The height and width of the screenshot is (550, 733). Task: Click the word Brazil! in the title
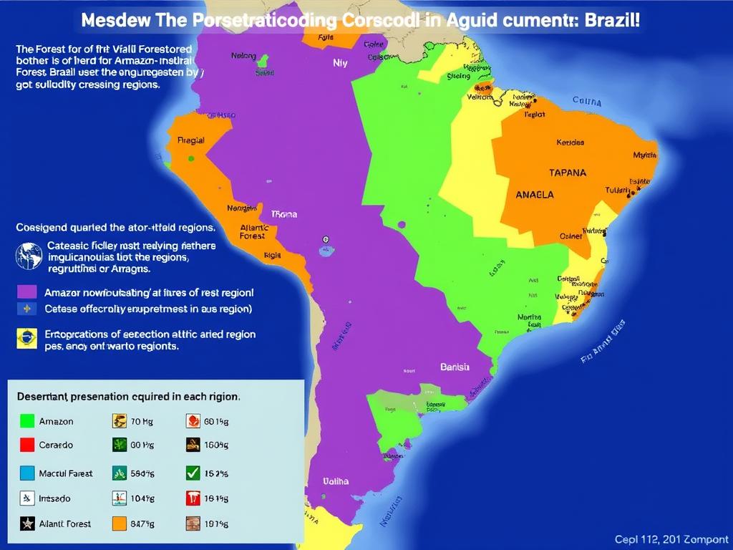[x=609, y=19]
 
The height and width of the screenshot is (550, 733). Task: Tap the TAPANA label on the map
[x=567, y=173]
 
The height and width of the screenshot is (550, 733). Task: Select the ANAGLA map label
[x=534, y=194]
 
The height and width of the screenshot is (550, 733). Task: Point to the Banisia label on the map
[x=455, y=367]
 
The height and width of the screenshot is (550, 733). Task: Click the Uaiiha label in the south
[x=336, y=481]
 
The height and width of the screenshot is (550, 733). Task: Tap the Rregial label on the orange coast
[x=190, y=140]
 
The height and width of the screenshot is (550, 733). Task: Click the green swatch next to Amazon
[x=27, y=421]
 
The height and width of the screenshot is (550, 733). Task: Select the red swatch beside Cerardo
[x=27, y=445]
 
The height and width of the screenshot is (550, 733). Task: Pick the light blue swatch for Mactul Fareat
[x=27, y=473]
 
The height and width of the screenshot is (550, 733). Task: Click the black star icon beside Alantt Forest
[x=27, y=524]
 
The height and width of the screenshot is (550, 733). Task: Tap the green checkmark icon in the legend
[x=193, y=473]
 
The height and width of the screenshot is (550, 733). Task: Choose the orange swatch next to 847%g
[x=120, y=524]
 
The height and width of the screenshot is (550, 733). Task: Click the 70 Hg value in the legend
[x=142, y=422]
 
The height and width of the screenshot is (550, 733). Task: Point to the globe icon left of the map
[x=29, y=256]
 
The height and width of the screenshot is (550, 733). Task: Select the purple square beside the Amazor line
[x=27, y=292]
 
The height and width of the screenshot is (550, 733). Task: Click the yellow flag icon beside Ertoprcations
[x=27, y=338]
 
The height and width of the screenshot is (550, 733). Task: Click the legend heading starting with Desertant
[x=127, y=395]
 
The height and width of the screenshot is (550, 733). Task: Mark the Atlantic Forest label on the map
[x=253, y=231]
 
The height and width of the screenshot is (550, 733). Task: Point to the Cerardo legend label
[x=56, y=445]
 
